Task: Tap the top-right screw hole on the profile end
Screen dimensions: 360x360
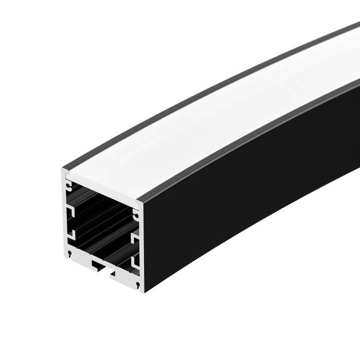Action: coord(136,210)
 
